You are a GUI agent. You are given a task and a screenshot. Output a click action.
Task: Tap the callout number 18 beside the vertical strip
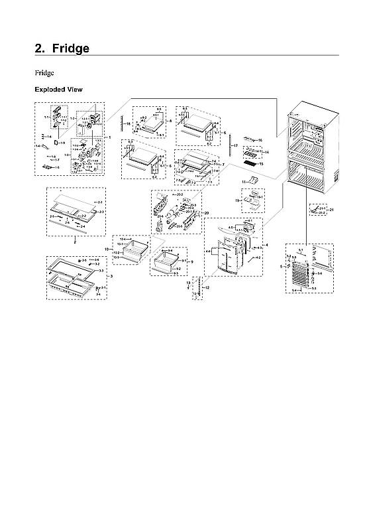129,124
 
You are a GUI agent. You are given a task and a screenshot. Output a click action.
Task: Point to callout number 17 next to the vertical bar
235,145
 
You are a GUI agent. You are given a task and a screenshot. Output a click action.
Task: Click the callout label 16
260,140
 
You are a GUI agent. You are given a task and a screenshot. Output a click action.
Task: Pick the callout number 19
236,199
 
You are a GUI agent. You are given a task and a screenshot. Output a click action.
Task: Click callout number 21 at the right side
333,210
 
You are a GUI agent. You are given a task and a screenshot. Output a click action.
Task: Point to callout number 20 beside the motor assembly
207,213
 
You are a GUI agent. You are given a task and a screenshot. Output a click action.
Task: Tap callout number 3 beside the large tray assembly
111,275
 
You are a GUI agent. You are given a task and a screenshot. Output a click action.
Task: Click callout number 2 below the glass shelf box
75,242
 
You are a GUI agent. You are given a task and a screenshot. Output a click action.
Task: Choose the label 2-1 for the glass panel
100,200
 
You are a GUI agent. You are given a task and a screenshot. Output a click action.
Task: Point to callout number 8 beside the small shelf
171,121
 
